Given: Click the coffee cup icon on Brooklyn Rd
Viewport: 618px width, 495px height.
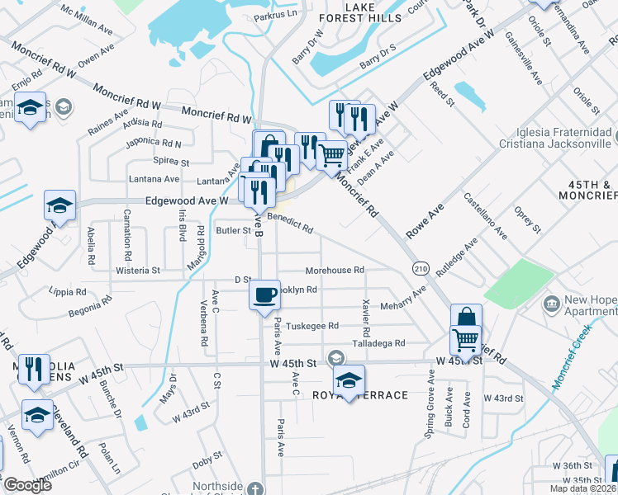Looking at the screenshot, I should point(264,295).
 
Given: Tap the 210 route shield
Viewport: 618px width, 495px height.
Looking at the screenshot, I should point(421,269).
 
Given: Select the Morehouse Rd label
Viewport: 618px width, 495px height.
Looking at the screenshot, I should point(335,270).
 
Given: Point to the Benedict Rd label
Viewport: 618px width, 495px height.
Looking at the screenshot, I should point(289,222).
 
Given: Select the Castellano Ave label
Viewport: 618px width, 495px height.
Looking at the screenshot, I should point(485,214).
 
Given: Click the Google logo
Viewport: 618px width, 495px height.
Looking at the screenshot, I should point(27,485).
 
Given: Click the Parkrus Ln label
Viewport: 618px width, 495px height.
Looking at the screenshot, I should point(274,15).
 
